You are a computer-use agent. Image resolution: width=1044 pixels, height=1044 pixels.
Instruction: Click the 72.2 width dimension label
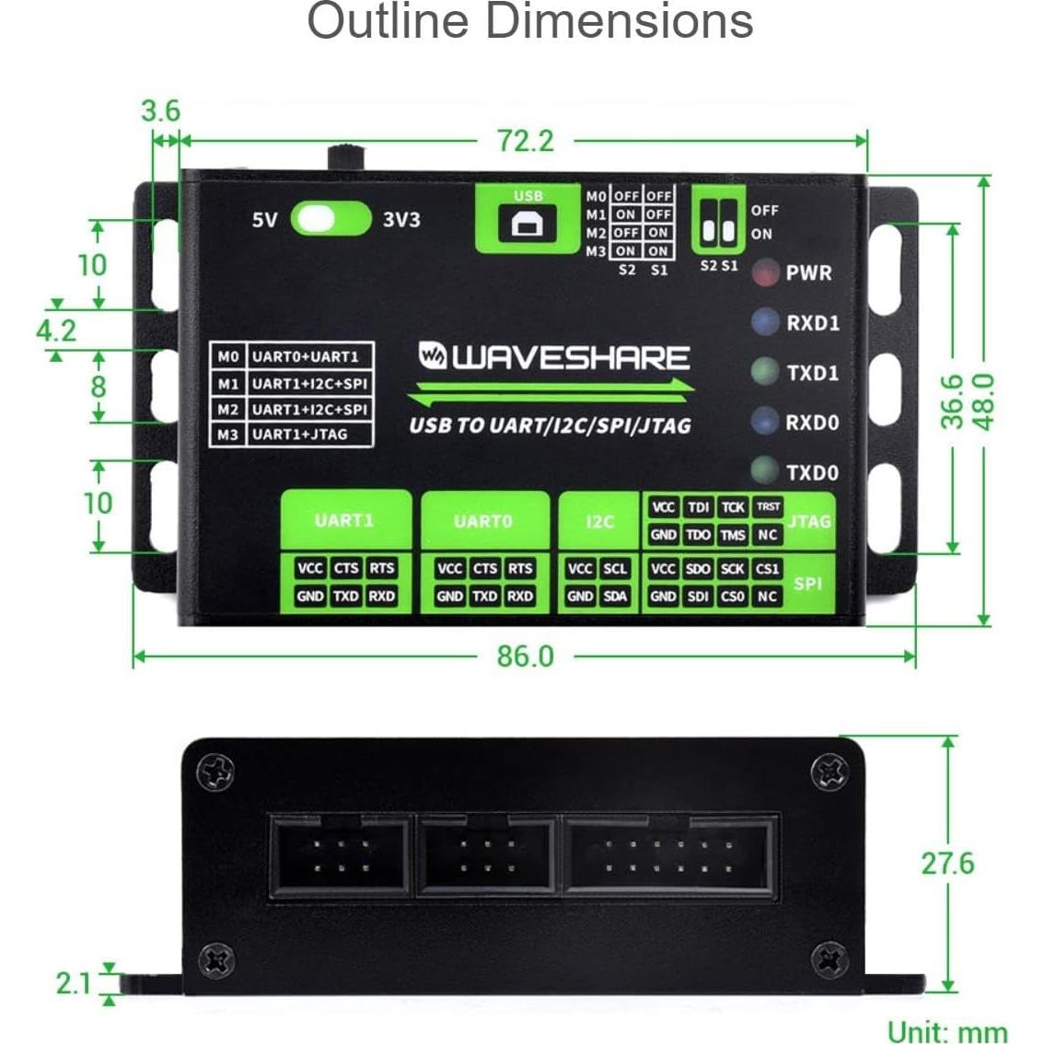pos(526,141)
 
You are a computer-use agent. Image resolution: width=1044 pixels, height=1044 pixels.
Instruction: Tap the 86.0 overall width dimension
pos(526,656)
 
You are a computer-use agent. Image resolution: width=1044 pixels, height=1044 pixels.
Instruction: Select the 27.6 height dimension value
pos(946,864)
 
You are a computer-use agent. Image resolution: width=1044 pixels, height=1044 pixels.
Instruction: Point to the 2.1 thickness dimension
pos(73,983)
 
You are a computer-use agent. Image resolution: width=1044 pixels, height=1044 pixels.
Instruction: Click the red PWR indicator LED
pos(765,273)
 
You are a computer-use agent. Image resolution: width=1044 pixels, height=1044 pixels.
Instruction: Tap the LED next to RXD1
pos(764,322)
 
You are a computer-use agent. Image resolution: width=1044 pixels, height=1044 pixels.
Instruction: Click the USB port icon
pos(528,225)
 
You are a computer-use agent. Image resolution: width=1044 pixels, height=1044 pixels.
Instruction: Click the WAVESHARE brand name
pos(554,358)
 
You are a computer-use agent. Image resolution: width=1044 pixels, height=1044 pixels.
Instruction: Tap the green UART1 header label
pos(344,520)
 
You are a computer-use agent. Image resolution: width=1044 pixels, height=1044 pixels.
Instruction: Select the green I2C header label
pos(599,521)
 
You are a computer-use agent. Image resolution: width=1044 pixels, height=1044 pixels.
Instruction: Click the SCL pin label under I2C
pos(615,569)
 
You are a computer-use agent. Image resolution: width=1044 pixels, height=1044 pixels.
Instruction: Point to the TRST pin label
pos(768,506)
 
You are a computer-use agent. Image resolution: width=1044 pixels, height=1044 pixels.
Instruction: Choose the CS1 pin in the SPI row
pos(767,569)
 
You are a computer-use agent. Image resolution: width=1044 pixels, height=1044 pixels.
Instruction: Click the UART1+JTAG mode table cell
pos(300,435)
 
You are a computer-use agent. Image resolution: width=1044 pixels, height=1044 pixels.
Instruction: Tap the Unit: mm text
pos(946,1031)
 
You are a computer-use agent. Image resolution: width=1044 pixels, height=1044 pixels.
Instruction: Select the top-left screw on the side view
pos(217,771)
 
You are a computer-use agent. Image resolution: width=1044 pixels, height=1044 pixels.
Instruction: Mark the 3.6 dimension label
pos(160,111)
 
